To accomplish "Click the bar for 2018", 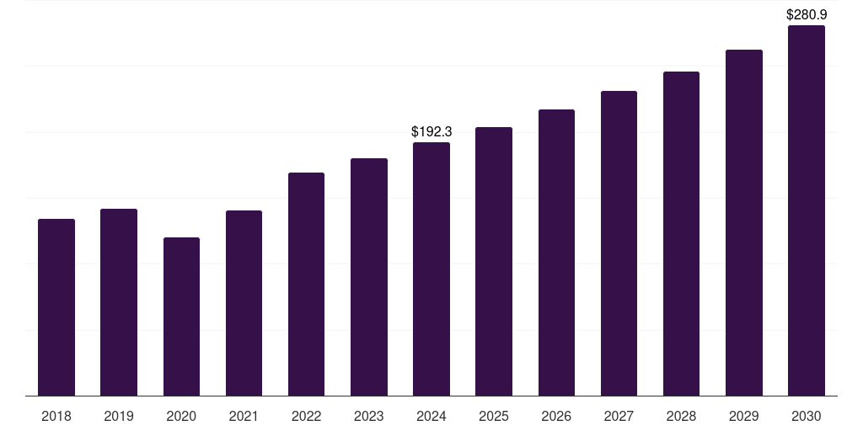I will tap(56, 307).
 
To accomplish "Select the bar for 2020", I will tap(181, 317).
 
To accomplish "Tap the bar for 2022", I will tap(306, 285).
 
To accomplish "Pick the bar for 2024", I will tap(431, 269).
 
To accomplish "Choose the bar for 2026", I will tap(556, 253).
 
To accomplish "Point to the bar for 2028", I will tap(681, 234).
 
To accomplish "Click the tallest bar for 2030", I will tap(806, 210).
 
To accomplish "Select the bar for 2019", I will tap(119, 302).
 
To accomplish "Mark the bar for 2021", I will tap(244, 303).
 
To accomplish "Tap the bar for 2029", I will tap(743, 223).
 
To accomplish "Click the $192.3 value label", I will tap(431, 131).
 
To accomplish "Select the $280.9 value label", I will tap(807, 14).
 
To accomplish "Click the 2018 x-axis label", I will tap(56, 416).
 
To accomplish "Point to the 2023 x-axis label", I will tap(369, 416).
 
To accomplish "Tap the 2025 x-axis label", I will tap(494, 416).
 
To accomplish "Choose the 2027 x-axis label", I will tap(619, 416).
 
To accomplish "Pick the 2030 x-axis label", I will tap(806, 416).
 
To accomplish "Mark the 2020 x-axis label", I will tap(181, 416).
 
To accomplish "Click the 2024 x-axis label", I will tap(431, 416).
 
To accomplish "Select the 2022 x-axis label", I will tap(306, 416).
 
